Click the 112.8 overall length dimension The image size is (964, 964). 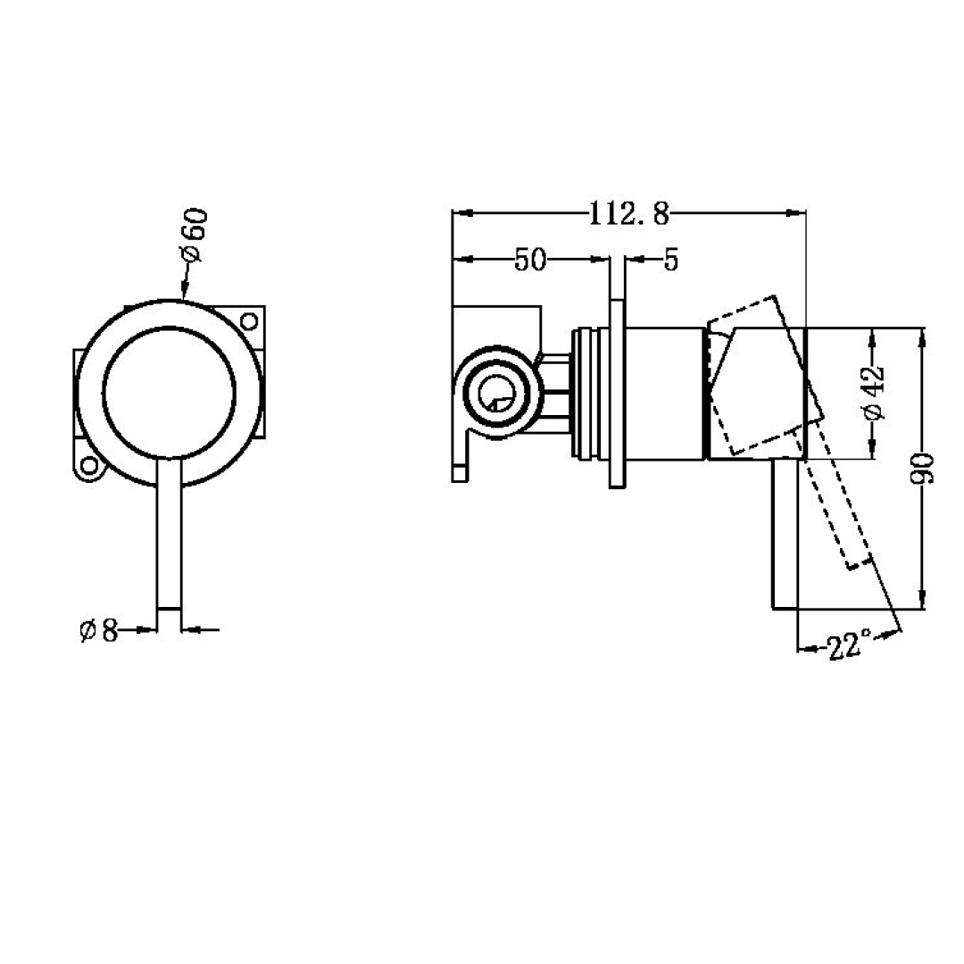point(628,213)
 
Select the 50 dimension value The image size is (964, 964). point(529,260)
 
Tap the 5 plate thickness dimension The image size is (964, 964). point(670,260)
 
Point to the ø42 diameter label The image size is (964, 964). point(874,393)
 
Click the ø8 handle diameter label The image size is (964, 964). point(99,631)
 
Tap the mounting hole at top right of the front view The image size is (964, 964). point(249,320)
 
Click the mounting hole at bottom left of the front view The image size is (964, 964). point(88,466)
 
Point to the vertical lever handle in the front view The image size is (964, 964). point(170,544)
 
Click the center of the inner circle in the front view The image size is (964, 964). point(170,393)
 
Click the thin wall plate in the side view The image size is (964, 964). point(617,394)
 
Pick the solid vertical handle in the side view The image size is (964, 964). point(785,536)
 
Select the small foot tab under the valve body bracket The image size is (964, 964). point(460,470)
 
